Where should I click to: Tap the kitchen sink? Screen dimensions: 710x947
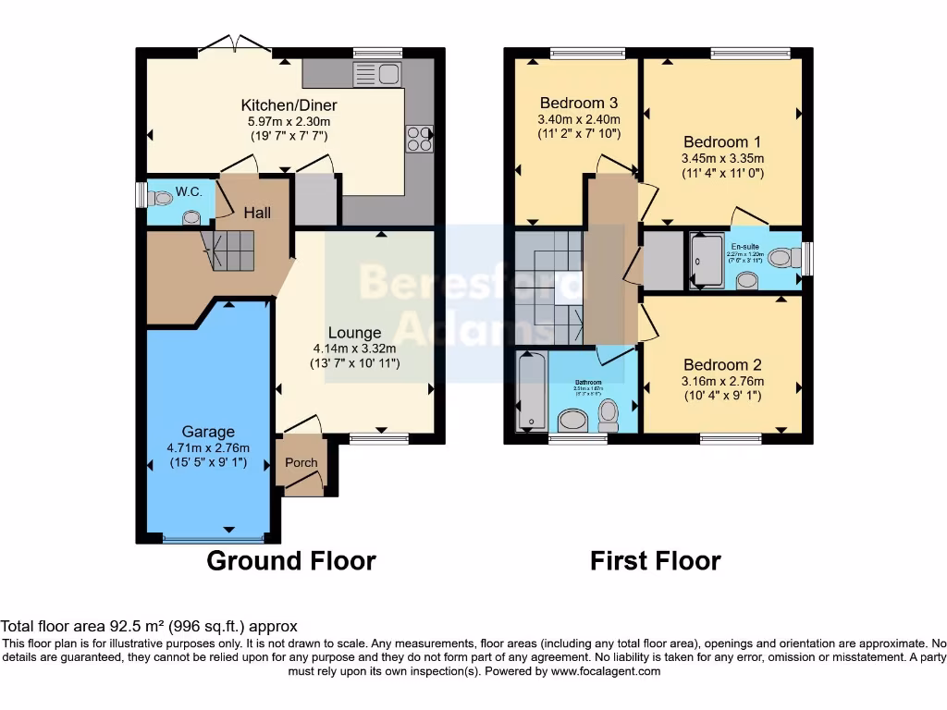(375, 74)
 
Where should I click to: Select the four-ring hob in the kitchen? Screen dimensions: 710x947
(419, 138)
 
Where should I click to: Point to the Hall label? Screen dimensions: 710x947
(257, 213)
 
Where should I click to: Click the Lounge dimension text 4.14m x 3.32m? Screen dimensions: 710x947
(354, 349)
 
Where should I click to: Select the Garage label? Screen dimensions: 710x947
(208, 431)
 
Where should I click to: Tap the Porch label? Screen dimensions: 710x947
(301, 462)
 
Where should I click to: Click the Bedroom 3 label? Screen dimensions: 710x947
(579, 103)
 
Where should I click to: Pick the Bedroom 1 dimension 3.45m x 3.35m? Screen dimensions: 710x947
(722, 157)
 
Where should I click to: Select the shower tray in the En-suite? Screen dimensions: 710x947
(707, 261)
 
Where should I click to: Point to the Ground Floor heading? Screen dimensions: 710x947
(290, 560)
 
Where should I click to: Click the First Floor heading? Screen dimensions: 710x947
(656, 560)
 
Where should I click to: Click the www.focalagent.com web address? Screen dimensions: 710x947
(606, 671)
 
